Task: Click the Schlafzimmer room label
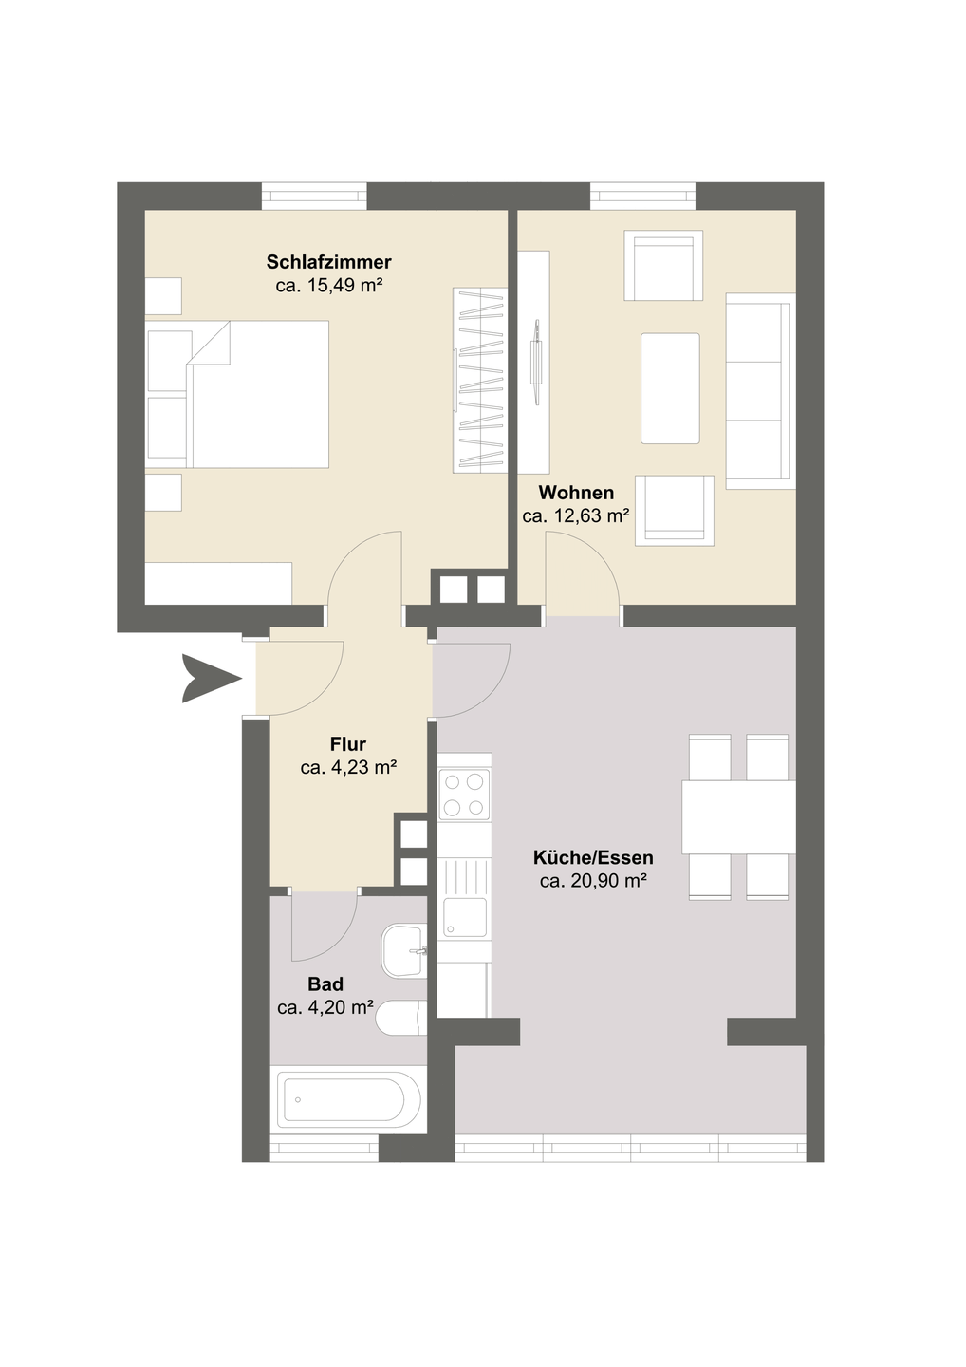[328, 262]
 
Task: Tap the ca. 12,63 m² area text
[576, 516]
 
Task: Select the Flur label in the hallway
[348, 744]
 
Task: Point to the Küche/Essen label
[593, 857]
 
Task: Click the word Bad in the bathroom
[325, 983]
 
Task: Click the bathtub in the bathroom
[348, 1099]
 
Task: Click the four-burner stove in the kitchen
[464, 794]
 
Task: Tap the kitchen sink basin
[465, 917]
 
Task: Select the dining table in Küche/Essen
[738, 816]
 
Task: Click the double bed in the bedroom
[237, 394]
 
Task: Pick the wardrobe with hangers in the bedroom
[480, 380]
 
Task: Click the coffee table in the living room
[670, 388]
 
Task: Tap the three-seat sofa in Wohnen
[760, 391]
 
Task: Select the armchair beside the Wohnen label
[675, 511]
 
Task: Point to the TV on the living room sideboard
[536, 362]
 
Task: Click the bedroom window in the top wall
[315, 196]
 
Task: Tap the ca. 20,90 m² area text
[593, 881]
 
